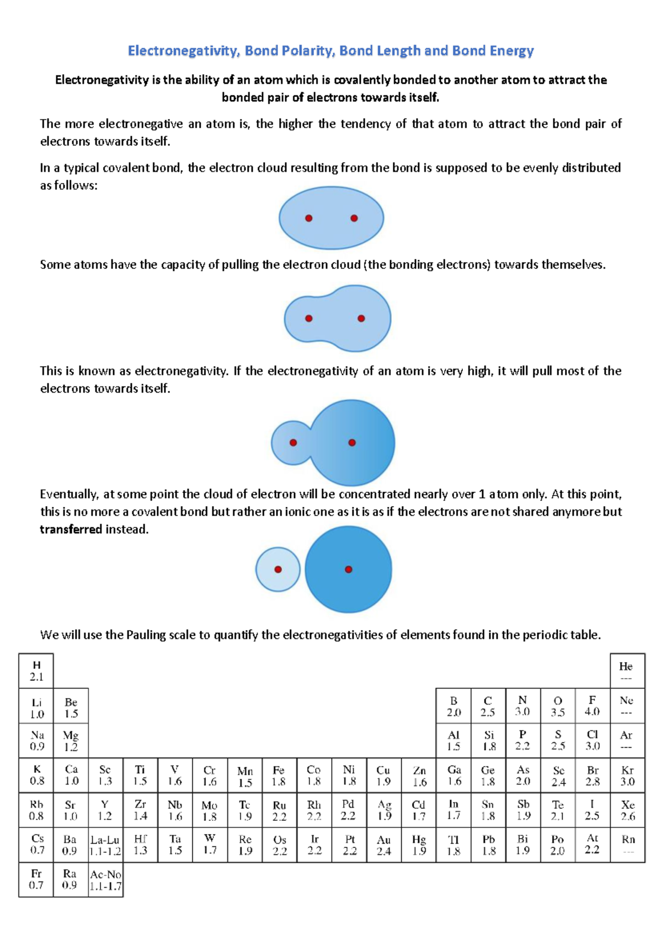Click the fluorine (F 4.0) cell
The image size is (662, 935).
pyautogui.click(x=592, y=706)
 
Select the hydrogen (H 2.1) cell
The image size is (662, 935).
pyautogui.click(x=36, y=671)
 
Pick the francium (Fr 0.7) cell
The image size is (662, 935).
pyautogui.click(x=36, y=879)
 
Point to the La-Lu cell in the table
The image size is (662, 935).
pyautogui.click(x=105, y=845)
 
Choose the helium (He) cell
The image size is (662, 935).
pyautogui.click(x=626, y=671)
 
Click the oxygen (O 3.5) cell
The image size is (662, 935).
pyautogui.click(x=558, y=706)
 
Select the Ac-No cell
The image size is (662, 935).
pyautogui.click(x=105, y=879)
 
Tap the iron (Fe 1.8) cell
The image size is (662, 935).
pyautogui.click(x=279, y=776)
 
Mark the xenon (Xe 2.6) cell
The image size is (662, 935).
pyautogui.click(x=627, y=810)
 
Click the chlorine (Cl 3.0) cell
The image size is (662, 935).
pyautogui.click(x=592, y=740)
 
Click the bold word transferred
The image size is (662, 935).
pyautogui.click(x=71, y=529)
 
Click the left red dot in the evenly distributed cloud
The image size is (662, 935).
pyautogui.click(x=309, y=218)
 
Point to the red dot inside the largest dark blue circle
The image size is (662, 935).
pyautogui.click(x=348, y=569)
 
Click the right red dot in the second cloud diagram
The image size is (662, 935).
pyautogui.click(x=361, y=318)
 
